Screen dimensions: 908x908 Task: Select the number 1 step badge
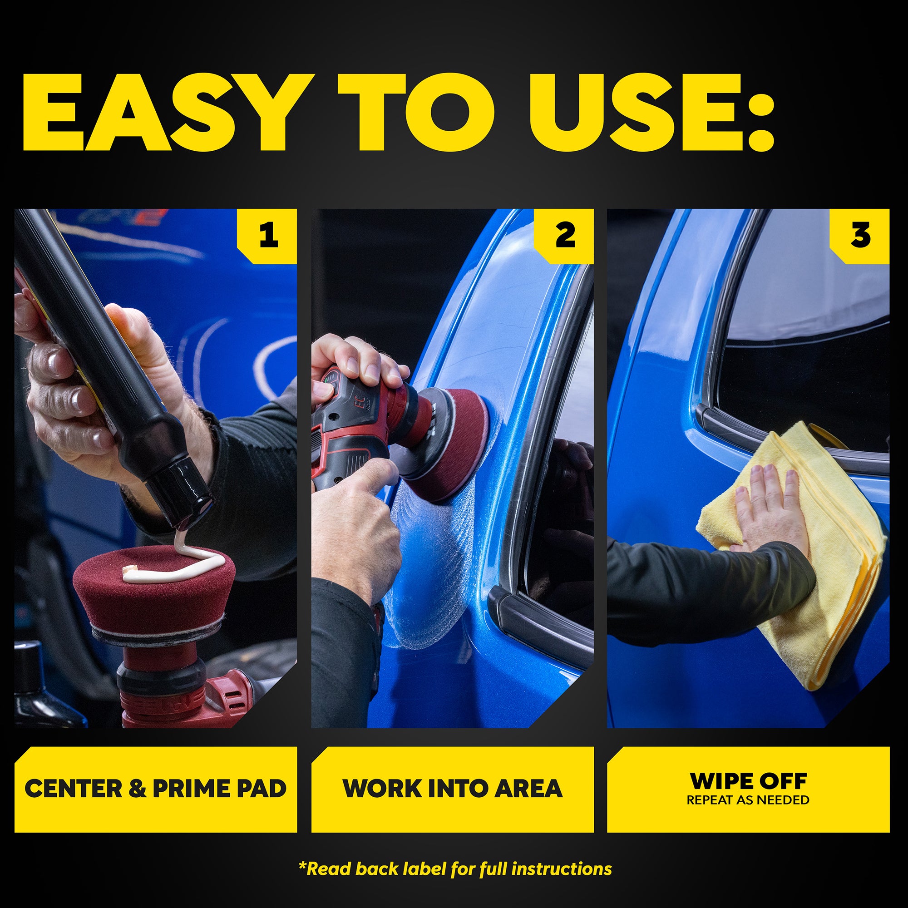click(x=267, y=236)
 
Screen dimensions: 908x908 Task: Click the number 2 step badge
click(x=564, y=236)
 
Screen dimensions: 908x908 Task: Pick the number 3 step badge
click(x=859, y=236)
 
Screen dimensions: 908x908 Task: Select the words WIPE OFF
click(x=748, y=781)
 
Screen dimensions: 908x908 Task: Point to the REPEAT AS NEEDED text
click(x=748, y=800)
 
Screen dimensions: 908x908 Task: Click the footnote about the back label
click(x=455, y=869)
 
